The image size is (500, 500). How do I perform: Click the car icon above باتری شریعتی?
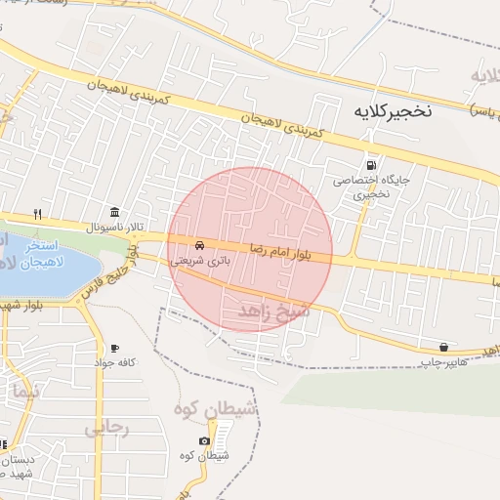(x=199, y=244)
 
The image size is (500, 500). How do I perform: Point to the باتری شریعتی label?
(x=198, y=261)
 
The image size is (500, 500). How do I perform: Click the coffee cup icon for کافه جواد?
(x=114, y=347)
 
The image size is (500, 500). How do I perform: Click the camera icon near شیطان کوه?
(x=204, y=440)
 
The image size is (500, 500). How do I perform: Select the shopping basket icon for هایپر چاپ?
(x=444, y=347)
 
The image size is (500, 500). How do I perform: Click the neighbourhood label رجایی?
(x=106, y=426)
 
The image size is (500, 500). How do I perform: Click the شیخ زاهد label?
(x=273, y=312)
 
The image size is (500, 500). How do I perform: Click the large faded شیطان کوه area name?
(x=218, y=411)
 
